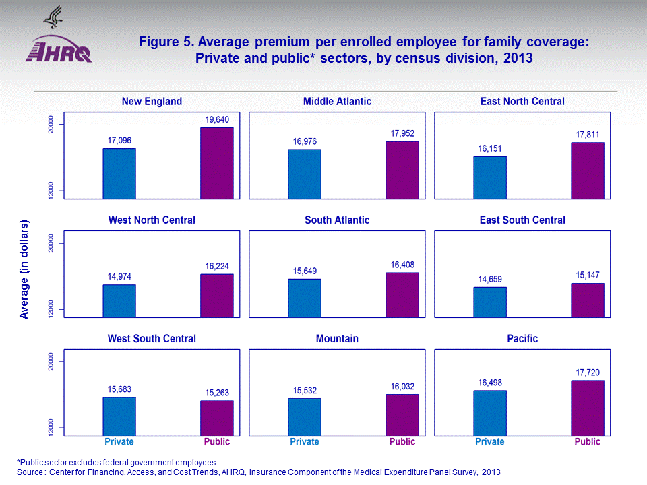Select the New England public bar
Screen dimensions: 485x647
pyautogui.click(x=217, y=163)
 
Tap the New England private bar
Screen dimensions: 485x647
pyautogui.click(x=119, y=173)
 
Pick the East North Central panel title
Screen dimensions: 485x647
pyautogui.click(x=522, y=102)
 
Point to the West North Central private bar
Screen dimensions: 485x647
pyautogui.click(x=119, y=300)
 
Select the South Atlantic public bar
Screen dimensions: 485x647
pyautogui.click(x=402, y=294)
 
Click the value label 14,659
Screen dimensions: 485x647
pyautogui.click(x=491, y=278)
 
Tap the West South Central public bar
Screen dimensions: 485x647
pyautogui.click(x=217, y=418)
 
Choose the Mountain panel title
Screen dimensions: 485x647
pyautogui.click(x=337, y=339)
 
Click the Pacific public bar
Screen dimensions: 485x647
pyautogui.click(x=588, y=408)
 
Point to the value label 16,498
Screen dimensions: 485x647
pyautogui.click(x=491, y=382)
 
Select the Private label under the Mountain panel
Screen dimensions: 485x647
pyautogui.click(x=305, y=442)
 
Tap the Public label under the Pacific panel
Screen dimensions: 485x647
pyautogui.click(x=588, y=442)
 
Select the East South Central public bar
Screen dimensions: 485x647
pyautogui.click(x=588, y=300)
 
